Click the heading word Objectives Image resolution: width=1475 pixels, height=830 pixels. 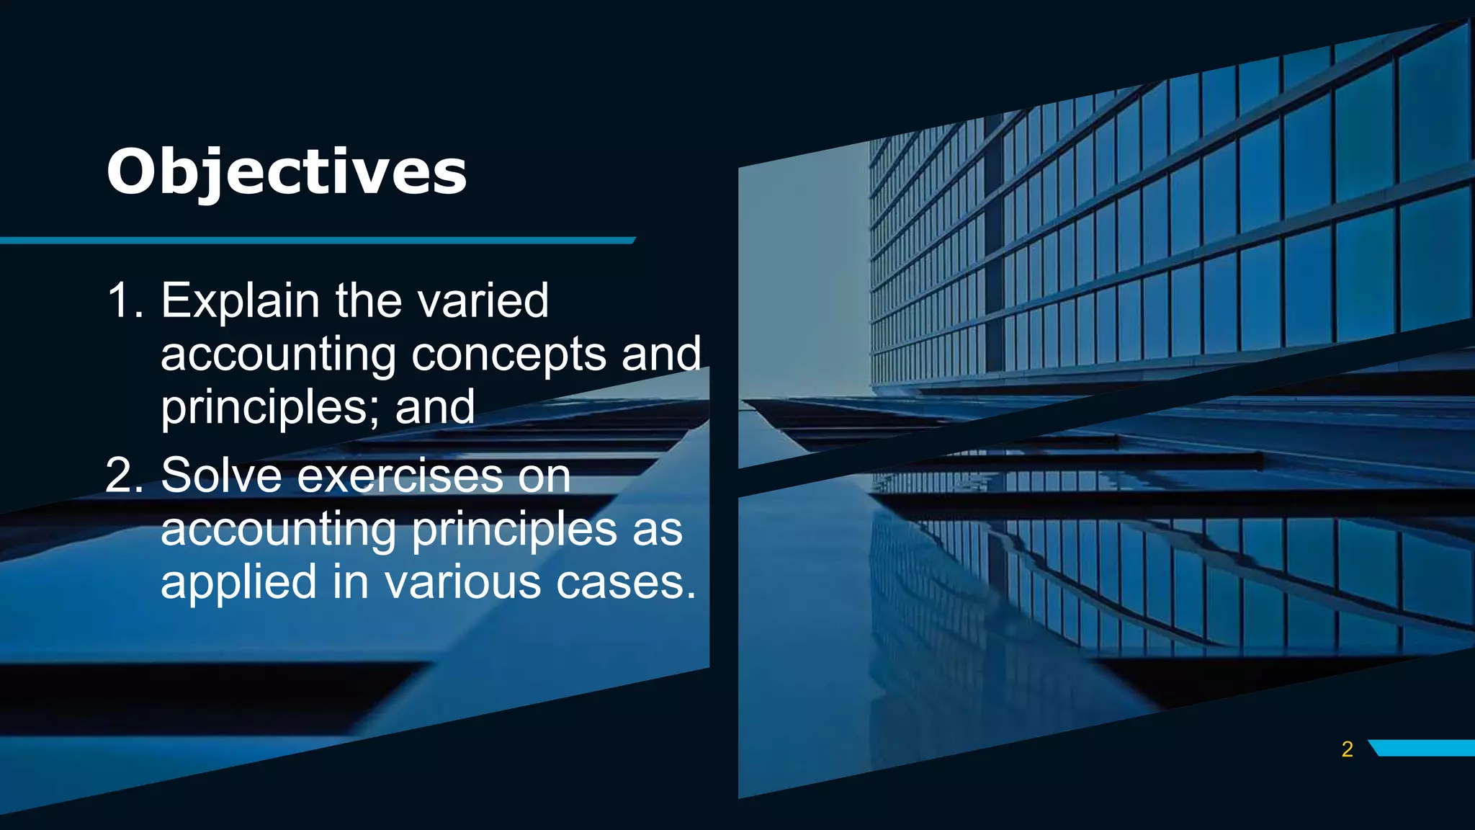(x=287, y=171)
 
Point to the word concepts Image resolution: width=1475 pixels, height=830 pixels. (x=508, y=354)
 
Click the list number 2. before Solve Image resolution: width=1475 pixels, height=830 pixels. (x=124, y=476)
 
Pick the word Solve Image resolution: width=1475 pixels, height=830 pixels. (x=221, y=476)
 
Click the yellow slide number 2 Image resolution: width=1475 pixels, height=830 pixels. (x=1348, y=749)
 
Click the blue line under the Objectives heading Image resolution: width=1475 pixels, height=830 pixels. (x=317, y=240)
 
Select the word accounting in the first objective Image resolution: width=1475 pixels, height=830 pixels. (x=278, y=354)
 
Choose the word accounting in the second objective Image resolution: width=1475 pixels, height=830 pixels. (x=278, y=530)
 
